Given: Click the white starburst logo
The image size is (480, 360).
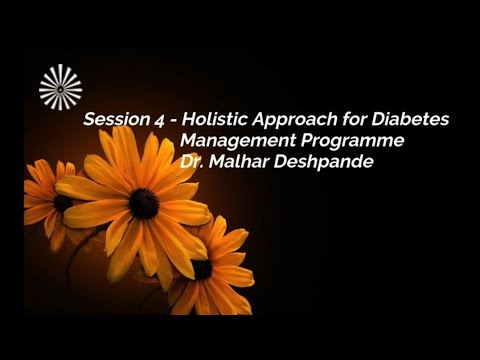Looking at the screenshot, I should [60, 87].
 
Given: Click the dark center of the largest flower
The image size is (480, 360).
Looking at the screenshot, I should [143, 203].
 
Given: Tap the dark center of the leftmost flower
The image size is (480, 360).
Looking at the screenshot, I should [63, 203].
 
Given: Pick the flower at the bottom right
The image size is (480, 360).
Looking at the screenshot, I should [210, 270].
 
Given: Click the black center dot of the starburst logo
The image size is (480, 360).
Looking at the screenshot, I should [60, 87].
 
